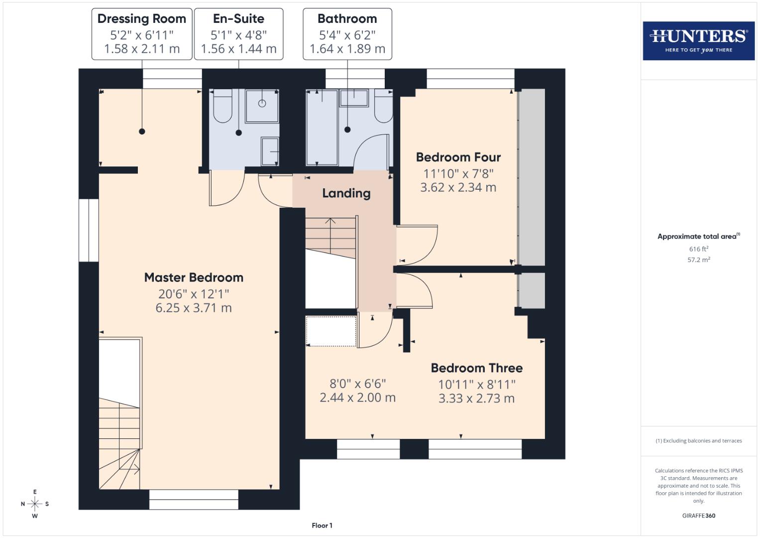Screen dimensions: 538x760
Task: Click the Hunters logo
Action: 698,41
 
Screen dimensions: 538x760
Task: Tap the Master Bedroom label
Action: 194,277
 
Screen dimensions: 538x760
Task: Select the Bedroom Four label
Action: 458,157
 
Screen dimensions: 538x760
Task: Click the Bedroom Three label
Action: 476,368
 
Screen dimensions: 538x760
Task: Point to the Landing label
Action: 346,193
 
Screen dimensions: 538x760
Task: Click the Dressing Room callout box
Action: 142,34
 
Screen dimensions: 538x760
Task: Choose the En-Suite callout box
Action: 238,34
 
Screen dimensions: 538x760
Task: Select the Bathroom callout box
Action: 347,34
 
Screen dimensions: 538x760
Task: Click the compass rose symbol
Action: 35,504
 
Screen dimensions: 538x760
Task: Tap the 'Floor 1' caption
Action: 322,526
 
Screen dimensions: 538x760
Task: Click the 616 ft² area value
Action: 698,249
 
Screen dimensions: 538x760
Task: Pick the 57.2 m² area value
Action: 698,260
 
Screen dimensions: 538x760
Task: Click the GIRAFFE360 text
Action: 698,516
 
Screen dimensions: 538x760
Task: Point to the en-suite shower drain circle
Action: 262,104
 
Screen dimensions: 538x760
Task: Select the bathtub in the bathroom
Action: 322,128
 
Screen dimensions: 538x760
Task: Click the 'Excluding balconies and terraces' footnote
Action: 698,441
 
